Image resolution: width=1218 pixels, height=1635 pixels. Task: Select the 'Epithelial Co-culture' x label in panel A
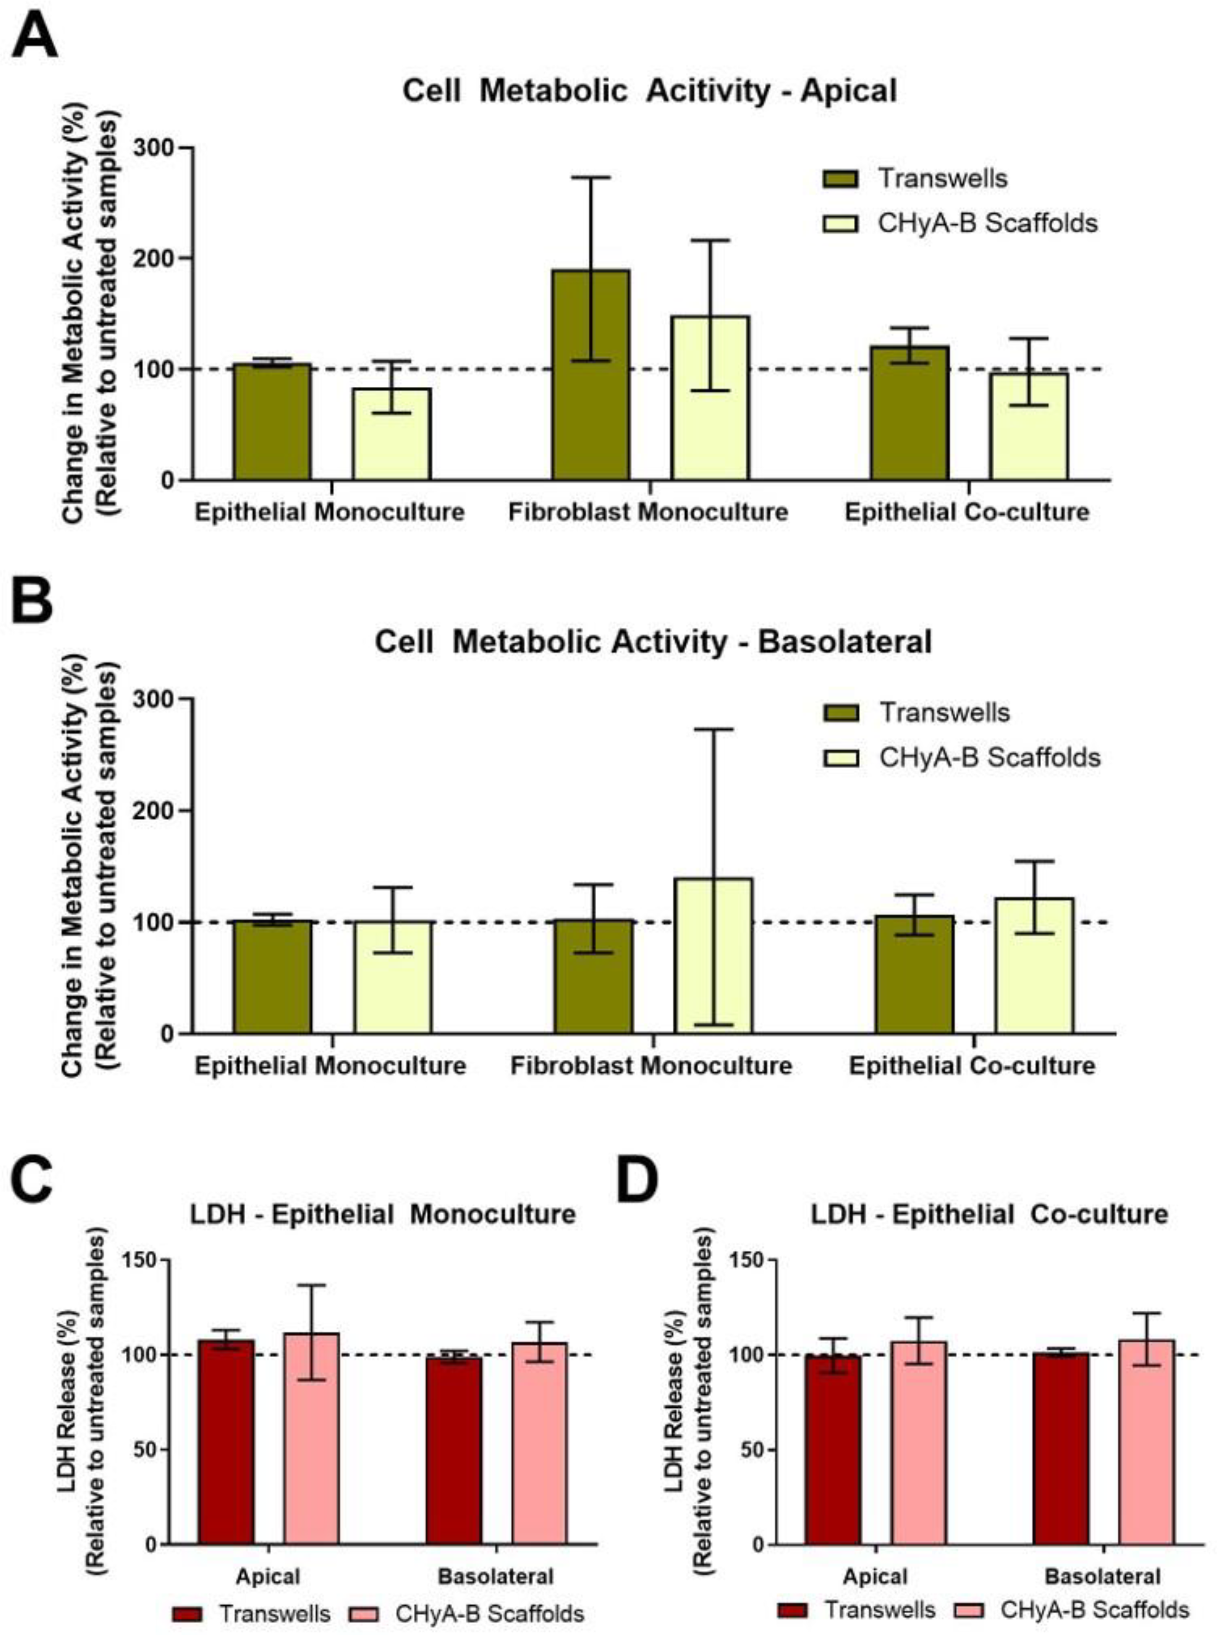[967, 512]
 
